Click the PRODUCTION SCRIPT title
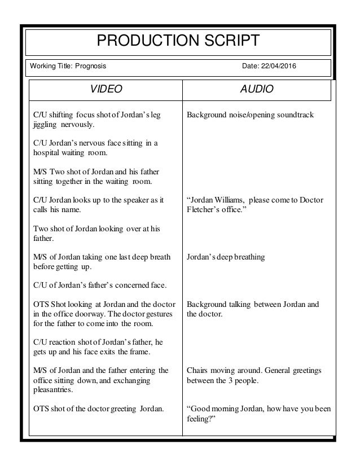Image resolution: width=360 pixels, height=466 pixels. pyautogui.click(x=180, y=41)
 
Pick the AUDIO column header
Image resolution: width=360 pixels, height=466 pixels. pyautogui.click(x=258, y=90)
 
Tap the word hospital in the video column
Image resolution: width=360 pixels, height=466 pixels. pyautogui.click(x=47, y=152)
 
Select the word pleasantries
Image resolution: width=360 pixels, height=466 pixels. pyautogui.click(x=52, y=389)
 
